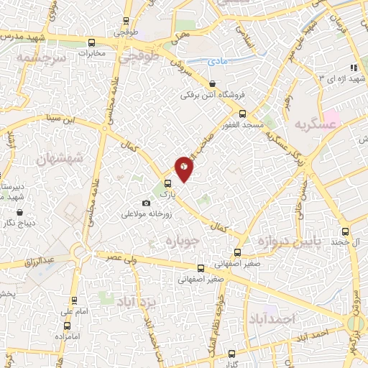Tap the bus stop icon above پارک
[167, 183]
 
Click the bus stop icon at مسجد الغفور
[242, 113]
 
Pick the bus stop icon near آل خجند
[345, 232]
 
